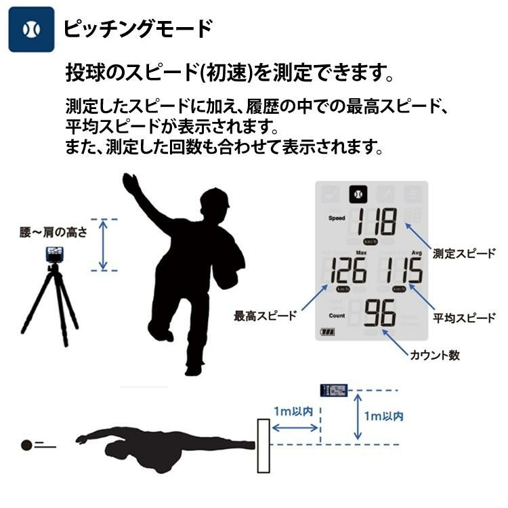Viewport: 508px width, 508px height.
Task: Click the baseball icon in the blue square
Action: point(31,29)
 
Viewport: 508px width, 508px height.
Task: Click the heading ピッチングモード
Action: point(137,29)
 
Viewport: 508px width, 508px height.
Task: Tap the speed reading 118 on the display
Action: point(378,221)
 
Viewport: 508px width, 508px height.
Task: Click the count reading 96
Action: point(379,314)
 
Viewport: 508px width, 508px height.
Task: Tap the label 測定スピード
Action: point(463,254)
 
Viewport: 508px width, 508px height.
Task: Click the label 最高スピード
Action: point(265,316)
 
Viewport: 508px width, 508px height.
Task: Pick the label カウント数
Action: point(435,355)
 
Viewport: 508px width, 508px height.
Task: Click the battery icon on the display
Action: point(329,333)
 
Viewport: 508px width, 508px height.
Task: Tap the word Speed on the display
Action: point(337,219)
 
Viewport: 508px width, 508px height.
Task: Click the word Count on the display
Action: point(337,315)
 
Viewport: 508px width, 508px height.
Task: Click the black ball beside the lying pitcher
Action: point(26,445)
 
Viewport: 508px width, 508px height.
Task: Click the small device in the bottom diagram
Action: point(334,390)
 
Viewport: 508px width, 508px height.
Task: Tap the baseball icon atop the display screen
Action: point(358,194)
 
